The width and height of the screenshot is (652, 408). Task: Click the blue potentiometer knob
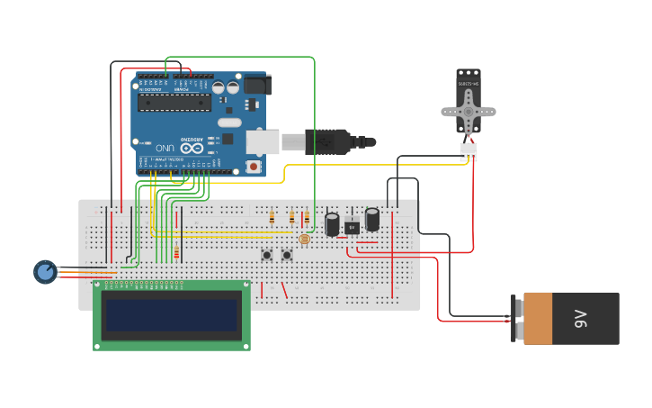pyautogui.click(x=45, y=271)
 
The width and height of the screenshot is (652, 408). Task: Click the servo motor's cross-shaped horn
pyautogui.click(x=469, y=111)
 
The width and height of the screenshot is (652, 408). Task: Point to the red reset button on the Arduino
pyautogui.click(x=254, y=167)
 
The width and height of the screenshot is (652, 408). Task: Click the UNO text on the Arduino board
pyautogui.click(x=165, y=147)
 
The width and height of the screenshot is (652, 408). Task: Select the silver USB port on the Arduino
pyautogui.click(x=263, y=141)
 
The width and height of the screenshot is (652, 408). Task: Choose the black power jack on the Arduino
pyautogui.click(x=257, y=85)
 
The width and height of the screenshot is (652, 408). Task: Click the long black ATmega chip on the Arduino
pyautogui.click(x=174, y=101)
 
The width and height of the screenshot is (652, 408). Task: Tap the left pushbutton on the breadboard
pyautogui.click(x=267, y=255)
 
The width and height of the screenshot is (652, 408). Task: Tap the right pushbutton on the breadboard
pyautogui.click(x=287, y=255)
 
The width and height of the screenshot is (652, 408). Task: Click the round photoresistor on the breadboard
pyautogui.click(x=304, y=239)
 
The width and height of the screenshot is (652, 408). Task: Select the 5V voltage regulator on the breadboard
pyautogui.click(x=352, y=225)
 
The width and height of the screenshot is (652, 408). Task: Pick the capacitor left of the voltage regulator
pyautogui.click(x=332, y=223)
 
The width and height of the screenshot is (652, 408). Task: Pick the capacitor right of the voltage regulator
pyautogui.click(x=372, y=219)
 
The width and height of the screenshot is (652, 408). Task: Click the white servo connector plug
pyautogui.click(x=469, y=152)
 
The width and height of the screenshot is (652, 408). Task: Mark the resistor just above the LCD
pyautogui.click(x=176, y=253)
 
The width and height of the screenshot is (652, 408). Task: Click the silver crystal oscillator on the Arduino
pyautogui.click(x=229, y=122)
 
